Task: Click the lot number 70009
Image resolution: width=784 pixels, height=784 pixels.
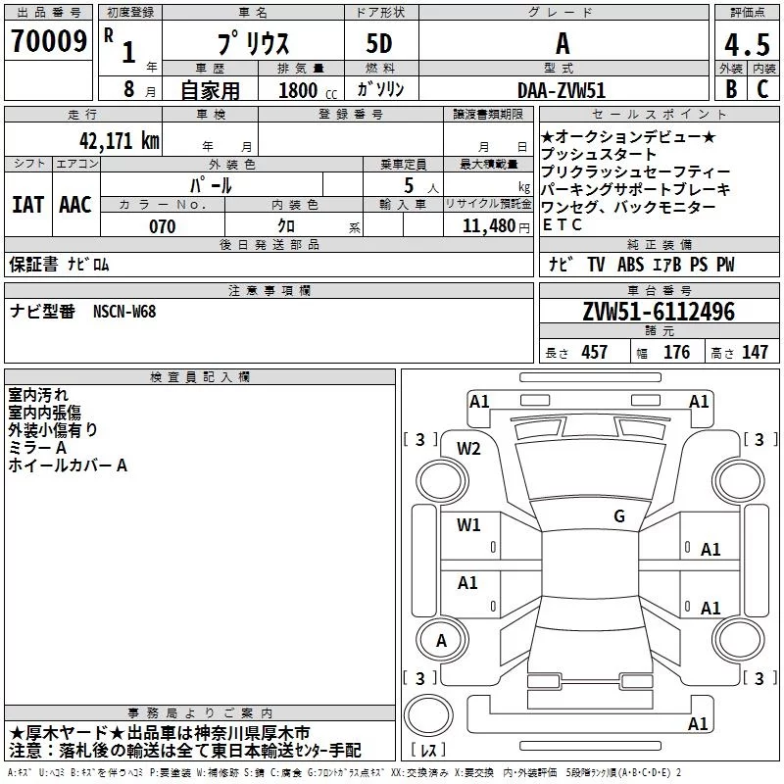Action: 49,41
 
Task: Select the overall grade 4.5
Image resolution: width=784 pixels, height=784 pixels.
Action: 747,45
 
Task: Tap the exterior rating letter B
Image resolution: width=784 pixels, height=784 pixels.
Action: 731,89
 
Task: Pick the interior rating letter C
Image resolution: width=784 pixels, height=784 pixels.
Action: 762,89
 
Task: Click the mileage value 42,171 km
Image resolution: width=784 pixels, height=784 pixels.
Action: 120,141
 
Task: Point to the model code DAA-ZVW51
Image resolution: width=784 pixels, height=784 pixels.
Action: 562,90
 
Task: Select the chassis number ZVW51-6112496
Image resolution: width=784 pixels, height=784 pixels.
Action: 659,312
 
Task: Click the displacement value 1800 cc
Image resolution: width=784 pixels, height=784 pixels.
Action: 308,90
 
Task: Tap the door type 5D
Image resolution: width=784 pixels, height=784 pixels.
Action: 379,44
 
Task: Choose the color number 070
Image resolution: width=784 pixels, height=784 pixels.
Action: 163,226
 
